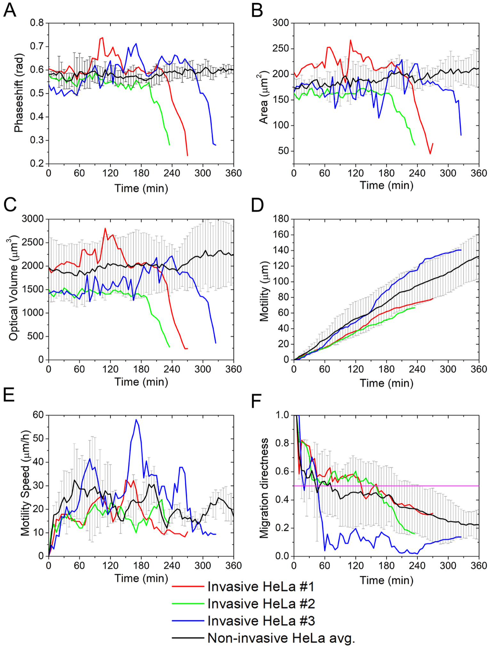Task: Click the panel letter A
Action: [10, 10]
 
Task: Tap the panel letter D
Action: [257, 205]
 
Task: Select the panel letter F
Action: [257, 401]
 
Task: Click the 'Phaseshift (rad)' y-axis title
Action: [19, 93]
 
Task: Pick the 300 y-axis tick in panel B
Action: [281, 23]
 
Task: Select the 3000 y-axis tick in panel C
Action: [33, 219]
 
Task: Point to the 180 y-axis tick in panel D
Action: [281, 219]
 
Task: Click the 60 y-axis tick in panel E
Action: [38, 415]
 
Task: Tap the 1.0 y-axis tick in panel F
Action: [282, 415]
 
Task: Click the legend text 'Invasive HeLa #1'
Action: [261, 586]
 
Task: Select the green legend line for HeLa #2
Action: [188, 603]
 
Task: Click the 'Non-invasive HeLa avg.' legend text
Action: [281, 638]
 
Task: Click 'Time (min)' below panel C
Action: [141, 382]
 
